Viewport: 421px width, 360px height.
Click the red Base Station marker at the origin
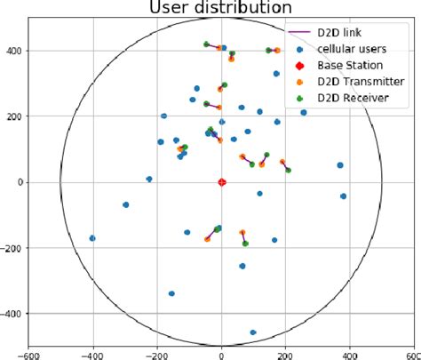point(222,182)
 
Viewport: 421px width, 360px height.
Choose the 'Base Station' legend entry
point(353,65)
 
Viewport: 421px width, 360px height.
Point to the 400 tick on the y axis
point(14,51)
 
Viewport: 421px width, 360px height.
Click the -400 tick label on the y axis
point(12,314)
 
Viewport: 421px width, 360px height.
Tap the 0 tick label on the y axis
point(20,182)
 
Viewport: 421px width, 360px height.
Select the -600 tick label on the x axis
point(29,353)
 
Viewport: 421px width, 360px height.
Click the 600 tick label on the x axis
point(412,353)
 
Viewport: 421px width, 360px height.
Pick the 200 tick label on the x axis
point(286,353)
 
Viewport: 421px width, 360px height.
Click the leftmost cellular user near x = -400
point(92,238)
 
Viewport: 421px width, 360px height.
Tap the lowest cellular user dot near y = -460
point(253,332)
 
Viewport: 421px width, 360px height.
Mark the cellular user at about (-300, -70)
point(125,204)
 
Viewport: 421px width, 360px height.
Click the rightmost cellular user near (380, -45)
point(343,196)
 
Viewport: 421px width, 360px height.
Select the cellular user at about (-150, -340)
point(171,293)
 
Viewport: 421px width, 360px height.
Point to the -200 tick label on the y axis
point(12,248)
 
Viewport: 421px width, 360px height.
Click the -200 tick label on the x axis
point(156,353)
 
